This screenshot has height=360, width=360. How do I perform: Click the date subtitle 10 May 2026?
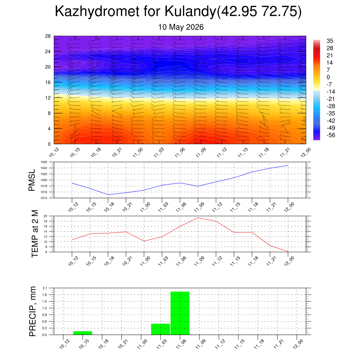[181, 27]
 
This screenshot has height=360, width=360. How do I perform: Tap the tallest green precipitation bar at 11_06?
[180, 313]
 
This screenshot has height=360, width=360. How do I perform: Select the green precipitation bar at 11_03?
[160, 329]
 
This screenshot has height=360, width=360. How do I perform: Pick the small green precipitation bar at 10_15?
[83, 333]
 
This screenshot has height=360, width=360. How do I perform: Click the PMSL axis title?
[32, 180]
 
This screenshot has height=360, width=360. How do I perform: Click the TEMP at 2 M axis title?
[34, 234]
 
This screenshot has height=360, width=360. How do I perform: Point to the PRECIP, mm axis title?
[33, 311]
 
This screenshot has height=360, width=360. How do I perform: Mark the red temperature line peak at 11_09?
[198, 218]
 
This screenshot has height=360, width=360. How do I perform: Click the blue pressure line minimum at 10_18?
[108, 195]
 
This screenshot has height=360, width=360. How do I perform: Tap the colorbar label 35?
[330, 41]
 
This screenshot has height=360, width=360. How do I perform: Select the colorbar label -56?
[331, 135]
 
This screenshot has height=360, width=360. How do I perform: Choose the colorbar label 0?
[328, 77]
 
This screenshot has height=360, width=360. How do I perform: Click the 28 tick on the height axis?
[48, 36]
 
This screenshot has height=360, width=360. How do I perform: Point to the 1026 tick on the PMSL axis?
[44, 162]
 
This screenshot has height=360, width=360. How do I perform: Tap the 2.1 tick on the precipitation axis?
[45, 288]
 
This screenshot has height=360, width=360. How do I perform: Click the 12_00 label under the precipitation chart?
[298, 344]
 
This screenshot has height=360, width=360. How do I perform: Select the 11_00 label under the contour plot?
[138, 153]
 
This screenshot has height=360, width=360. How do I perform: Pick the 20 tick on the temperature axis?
[45, 216]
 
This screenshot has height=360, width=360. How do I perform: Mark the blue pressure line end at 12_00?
[288, 165]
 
